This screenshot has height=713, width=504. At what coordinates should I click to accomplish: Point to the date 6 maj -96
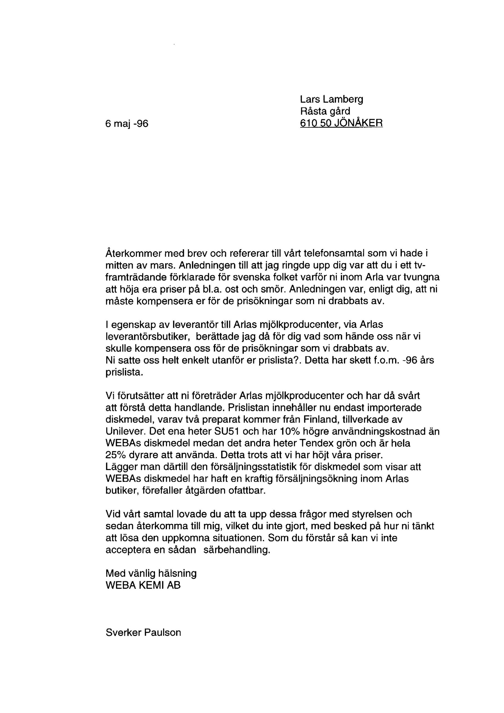point(127,124)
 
